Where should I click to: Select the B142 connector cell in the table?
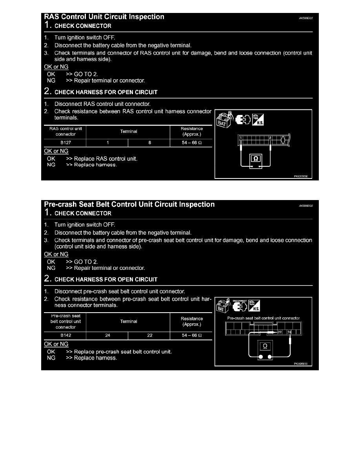(x=65, y=335)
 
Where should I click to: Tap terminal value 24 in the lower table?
(x=107, y=335)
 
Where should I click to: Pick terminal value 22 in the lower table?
(x=150, y=335)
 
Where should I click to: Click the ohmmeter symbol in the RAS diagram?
(x=256, y=159)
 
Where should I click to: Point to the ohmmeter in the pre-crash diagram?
(x=265, y=347)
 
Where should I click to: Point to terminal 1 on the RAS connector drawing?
(x=240, y=138)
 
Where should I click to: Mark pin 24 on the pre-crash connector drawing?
(x=289, y=332)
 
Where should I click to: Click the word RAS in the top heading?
(x=51, y=17)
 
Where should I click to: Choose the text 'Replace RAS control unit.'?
(x=106, y=159)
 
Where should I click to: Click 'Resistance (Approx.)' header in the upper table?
(x=192, y=131)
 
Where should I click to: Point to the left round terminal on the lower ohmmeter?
(x=260, y=357)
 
